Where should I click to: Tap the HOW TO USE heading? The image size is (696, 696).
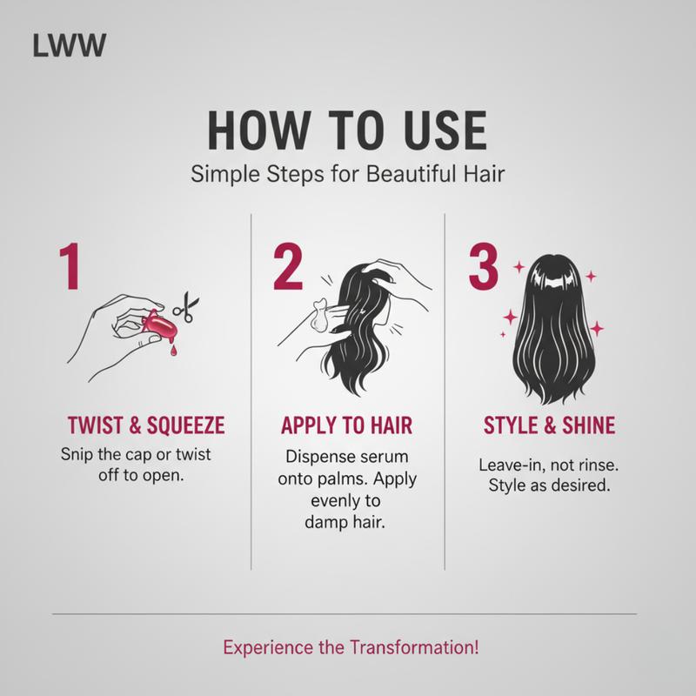coord(347,133)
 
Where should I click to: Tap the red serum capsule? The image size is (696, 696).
coord(161,325)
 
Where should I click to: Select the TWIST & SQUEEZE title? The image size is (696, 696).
coord(145,425)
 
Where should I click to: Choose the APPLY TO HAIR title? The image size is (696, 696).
coord(346,425)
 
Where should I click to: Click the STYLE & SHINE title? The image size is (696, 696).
coord(549,425)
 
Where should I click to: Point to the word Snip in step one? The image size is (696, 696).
coord(79,455)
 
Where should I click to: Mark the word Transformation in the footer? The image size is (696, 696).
coord(412,648)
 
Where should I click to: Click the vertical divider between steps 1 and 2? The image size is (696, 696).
coord(251,391)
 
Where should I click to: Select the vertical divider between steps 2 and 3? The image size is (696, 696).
coord(445,391)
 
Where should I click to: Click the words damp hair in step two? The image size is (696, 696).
coord(346,525)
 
